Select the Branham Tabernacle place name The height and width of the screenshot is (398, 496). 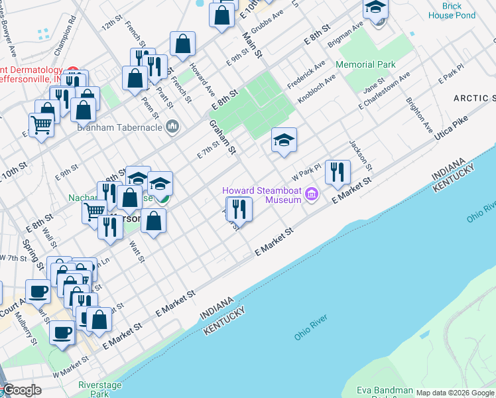coord(121,128)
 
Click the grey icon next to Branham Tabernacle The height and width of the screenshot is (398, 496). coord(172,126)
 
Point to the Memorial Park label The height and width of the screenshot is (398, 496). coord(365,65)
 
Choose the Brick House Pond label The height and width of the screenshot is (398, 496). coord(452,11)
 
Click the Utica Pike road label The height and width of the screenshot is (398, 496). coord(451,129)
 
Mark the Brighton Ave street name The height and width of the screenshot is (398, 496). coord(418,115)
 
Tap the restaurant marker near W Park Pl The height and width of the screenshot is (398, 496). coord(338,172)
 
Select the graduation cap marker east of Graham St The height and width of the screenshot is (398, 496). coord(284,140)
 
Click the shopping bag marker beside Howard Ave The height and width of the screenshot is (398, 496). coord(182,44)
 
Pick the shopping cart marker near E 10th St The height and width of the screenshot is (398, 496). coord(41,125)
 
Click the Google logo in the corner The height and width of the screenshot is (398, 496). coord(22,390)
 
